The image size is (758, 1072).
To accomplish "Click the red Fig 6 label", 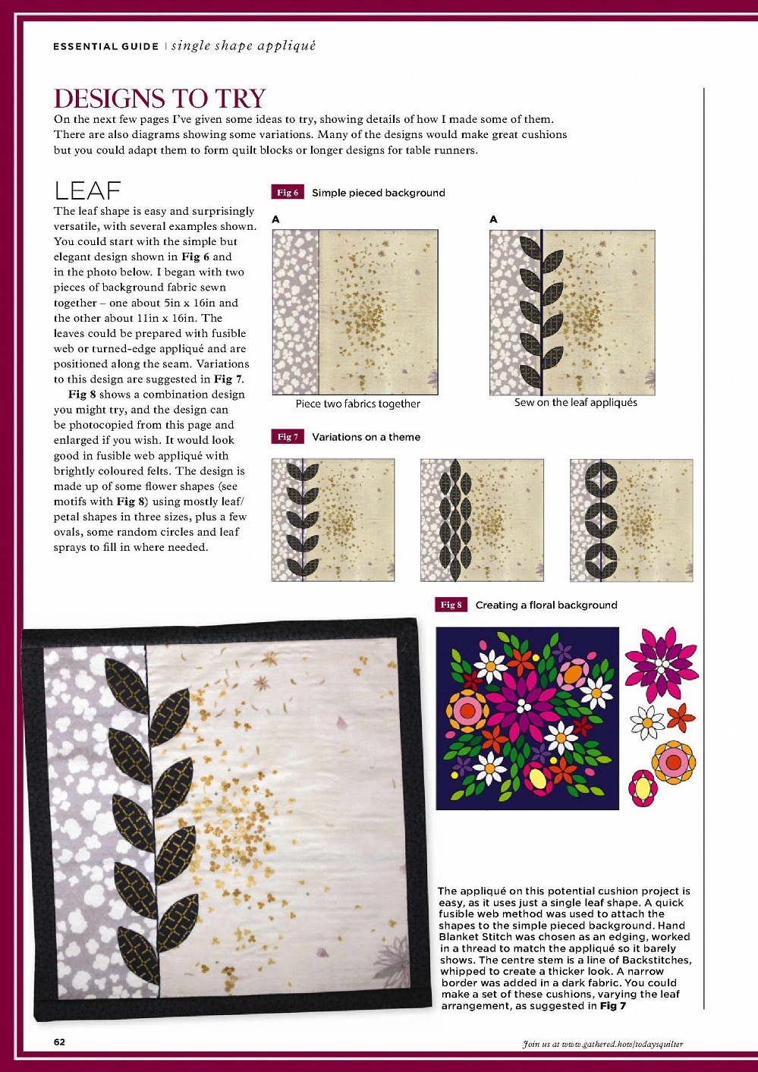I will (x=288, y=192).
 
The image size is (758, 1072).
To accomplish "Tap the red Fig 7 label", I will (x=288, y=436).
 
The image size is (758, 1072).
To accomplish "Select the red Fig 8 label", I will (x=451, y=605).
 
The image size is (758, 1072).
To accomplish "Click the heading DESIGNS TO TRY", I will (x=159, y=99).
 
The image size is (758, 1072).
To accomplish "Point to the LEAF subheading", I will (x=87, y=190).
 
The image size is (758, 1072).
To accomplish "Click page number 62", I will (x=59, y=1042).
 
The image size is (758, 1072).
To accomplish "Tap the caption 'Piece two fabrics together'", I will (x=357, y=404).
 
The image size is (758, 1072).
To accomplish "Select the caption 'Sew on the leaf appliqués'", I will (x=575, y=403).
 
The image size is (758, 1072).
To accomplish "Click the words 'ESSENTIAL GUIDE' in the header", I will (x=105, y=46).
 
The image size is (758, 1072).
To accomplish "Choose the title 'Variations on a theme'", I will (x=366, y=437).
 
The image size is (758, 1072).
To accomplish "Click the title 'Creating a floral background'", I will (x=546, y=605).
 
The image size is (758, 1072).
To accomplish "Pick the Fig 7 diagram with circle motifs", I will (x=631, y=520).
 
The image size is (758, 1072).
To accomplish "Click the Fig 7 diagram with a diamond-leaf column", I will (x=482, y=520).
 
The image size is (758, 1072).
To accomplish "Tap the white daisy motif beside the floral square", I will (x=647, y=721).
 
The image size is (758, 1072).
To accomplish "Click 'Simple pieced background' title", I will (x=378, y=193).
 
